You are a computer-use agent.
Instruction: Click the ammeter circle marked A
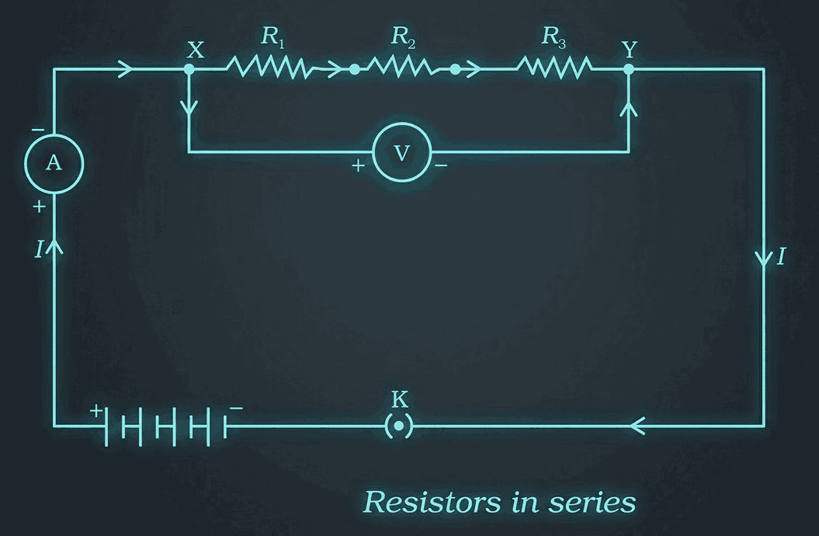(x=54, y=163)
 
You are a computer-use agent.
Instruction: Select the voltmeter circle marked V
(x=401, y=153)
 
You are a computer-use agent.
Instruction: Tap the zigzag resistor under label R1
(x=269, y=69)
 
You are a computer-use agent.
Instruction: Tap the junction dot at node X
(x=189, y=69)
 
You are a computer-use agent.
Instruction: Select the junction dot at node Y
(x=629, y=69)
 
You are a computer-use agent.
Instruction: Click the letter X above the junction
(x=196, y=50)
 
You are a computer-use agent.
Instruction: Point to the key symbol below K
(x=398, y=426)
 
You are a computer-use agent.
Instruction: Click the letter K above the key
(x=399, y=401)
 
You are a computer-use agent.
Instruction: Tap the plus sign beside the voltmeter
(x=359, y=166)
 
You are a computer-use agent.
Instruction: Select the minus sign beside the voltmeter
(x=441, y=166)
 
